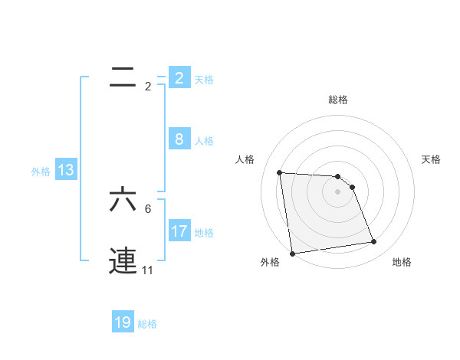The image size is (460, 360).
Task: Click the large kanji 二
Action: (123, 77)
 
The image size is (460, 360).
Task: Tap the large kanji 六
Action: (123, 199)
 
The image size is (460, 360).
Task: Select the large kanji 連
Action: (123, 260)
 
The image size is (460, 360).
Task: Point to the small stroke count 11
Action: (147, 270)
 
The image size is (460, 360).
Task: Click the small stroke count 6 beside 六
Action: (148, 208)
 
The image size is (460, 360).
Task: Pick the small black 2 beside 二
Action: (148, 86)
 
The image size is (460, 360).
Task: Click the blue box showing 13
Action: (66, 171)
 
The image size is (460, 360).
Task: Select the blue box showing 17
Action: (179, 231)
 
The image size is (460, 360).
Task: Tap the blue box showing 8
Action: (179, 139)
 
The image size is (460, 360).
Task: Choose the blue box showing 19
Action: (123, 322)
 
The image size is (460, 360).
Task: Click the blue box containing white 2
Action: (179, 77)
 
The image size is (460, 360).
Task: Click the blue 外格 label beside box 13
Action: (41, 172)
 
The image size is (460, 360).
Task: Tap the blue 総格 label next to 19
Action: (147, 324)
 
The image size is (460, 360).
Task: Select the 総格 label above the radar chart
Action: (337, 100)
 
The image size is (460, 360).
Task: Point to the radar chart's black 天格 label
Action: (432, 159)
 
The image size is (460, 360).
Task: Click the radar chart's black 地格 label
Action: (402, 262)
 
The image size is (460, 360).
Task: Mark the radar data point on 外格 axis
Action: (292, 254)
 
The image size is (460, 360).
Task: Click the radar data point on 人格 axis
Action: (280, 172)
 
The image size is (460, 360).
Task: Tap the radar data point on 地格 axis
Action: (374, 242)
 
